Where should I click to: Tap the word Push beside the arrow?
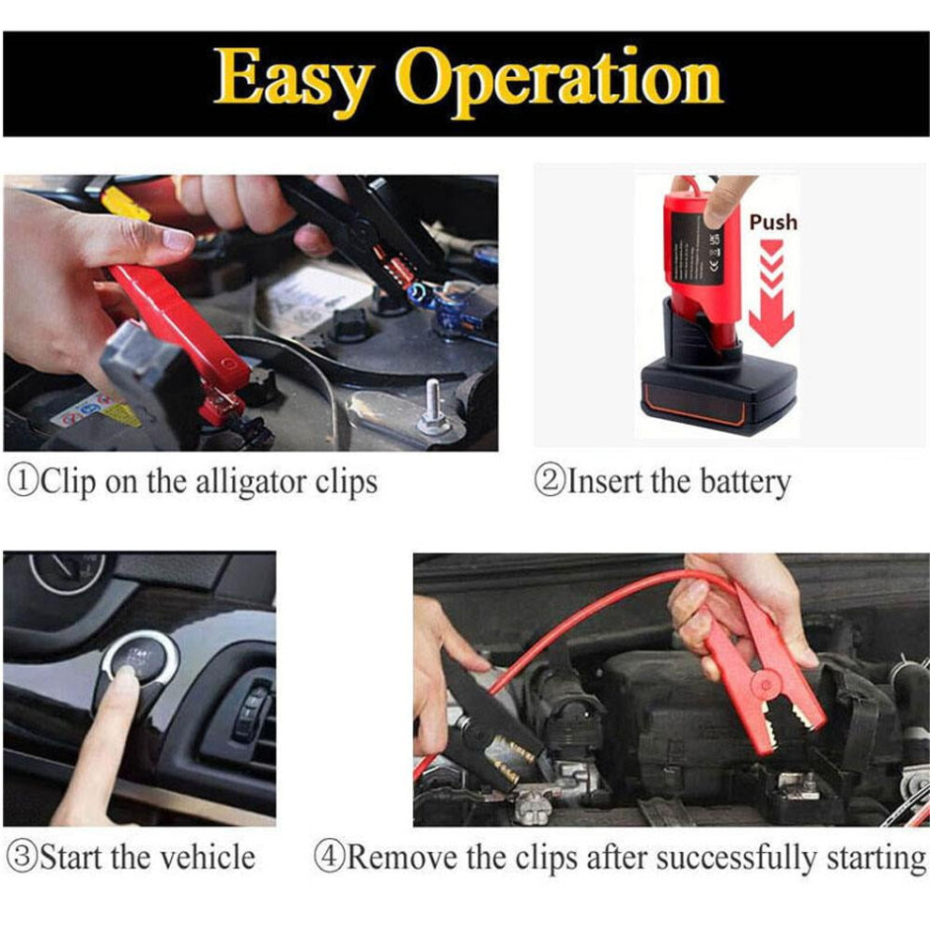(773, 222)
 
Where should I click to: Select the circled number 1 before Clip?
(23, 481)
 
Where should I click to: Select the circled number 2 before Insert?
(551, 481)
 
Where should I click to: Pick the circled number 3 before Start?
(22, 858)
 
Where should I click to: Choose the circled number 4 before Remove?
(329, 858)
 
